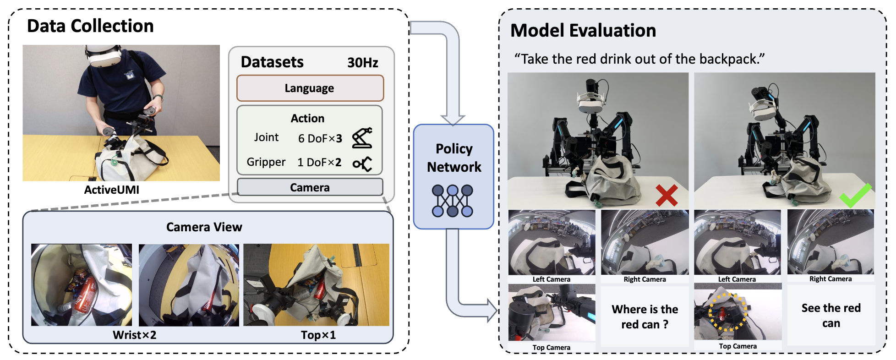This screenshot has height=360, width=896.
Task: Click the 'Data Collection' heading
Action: pyautogui.click(x=90, y=26)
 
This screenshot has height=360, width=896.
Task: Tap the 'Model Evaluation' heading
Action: pyautogui.click(x=583, y=31)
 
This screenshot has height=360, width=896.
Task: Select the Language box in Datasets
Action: pyautogui.click(x=310, y=88)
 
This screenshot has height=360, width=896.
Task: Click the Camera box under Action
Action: pyautogui.click(x=310, y=187)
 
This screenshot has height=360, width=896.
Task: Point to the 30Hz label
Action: pyautogui.click(x=362, y=62)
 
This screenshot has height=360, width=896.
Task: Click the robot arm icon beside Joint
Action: pyautogui.click(x=362, y=138)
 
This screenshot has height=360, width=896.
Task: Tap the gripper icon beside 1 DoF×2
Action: pyautogui.click(x=362, y=164)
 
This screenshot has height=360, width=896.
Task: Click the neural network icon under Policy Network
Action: pyautogui.click(x=453, y=201)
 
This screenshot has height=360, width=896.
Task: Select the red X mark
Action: pyautogui.click(x=666, y=195)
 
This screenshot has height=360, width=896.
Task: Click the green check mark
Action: pyautogui.click(x=855, y=195)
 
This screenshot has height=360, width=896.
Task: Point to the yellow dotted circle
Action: pyautogui.click(x=728, y=312)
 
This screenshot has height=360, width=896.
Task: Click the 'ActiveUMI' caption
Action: pyautogui.click(x=111, y=190)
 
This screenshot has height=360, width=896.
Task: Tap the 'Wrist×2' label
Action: pyautogui.click(x=134, y=335)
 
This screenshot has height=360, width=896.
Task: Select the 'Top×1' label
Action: pyautogui.click(x=318, y=335)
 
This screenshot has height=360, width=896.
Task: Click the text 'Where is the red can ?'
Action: pyautogui.click(x=645, y=316)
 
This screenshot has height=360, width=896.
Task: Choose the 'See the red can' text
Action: pyautogui.click(x=830, y=315)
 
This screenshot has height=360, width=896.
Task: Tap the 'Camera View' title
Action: pyautogui.click(x=204, y=227)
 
